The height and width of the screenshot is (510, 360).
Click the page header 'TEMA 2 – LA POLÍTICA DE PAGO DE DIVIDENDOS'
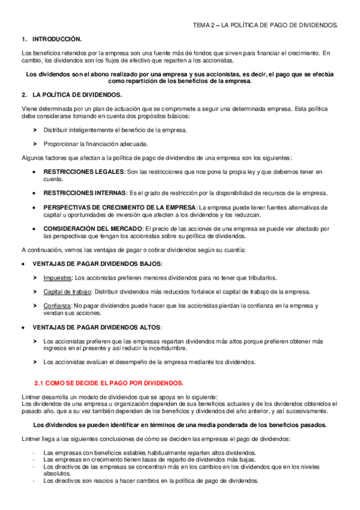pos(265,26)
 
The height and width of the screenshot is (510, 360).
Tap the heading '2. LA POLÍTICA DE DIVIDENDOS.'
pos(72,96)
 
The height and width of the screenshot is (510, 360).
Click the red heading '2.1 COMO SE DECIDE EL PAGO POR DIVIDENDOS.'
pos(109,382)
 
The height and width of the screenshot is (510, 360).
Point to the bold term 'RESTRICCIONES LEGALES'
pos(83,172)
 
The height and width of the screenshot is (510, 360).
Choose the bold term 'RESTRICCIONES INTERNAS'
pos(85,193)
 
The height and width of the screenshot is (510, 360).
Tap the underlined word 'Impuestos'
pos(56,278)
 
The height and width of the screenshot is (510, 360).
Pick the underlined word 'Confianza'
pos(56,306)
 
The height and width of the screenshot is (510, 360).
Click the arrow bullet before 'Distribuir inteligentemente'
pos(35,130)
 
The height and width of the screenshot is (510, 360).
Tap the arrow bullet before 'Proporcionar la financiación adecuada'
pos(35,144)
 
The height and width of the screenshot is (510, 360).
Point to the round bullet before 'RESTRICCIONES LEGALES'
pos(34,172)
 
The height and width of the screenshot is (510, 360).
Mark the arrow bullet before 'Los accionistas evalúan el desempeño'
pos(35,362)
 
